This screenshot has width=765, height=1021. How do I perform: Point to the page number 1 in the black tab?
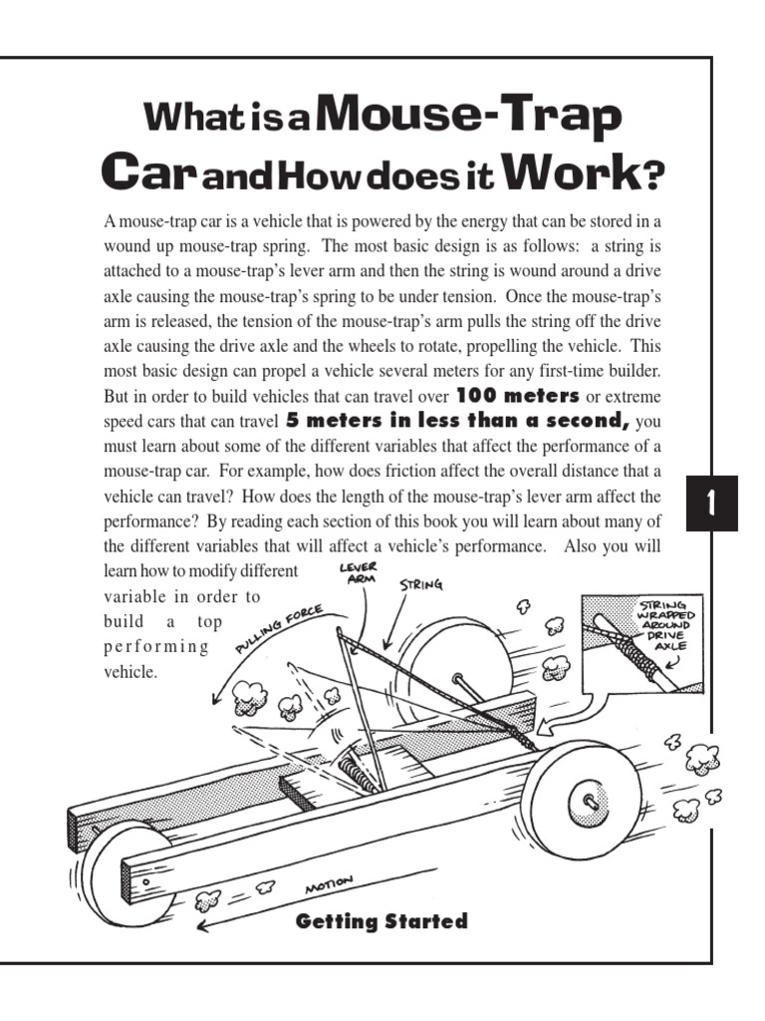[711, 505]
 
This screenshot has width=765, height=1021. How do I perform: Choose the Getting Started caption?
[382, 922]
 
